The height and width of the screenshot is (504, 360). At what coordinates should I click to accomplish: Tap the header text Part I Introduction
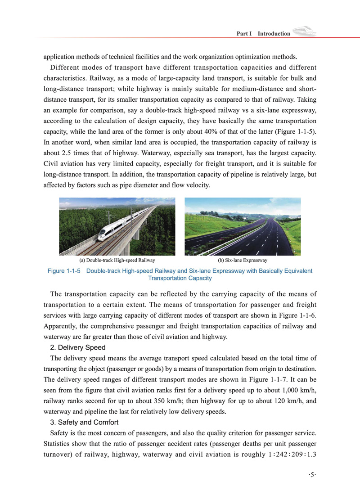click(263, 34)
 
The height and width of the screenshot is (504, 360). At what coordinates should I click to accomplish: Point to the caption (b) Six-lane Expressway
click(243, 261)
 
